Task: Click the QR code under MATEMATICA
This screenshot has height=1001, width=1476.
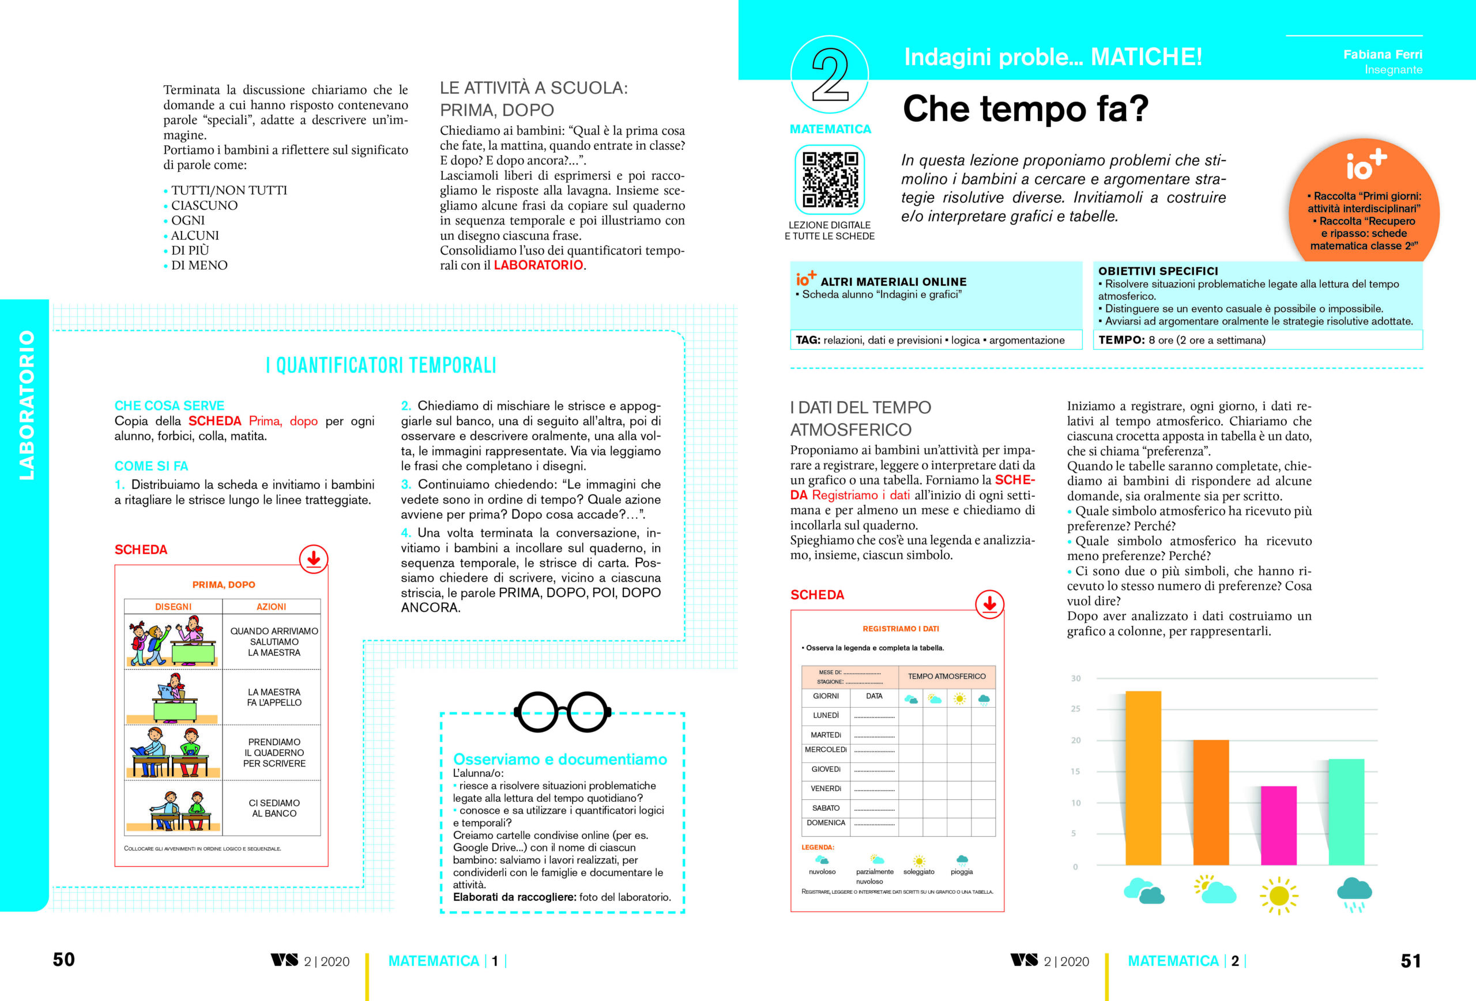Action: tap(830, 180)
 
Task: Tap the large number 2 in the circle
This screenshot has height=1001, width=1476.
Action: tap(830, 75)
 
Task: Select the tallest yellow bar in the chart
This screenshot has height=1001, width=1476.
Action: tap(1143, 777)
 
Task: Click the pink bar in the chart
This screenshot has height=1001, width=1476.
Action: tap(1278, 825)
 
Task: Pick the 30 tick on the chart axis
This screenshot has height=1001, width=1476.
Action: tap(1075, 678)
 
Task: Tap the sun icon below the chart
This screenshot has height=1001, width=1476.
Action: tap(1278, 895)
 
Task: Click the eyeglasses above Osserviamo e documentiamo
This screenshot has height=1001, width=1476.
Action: tap(562, 712)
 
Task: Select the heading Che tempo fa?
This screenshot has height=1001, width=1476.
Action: tap(1025, 109)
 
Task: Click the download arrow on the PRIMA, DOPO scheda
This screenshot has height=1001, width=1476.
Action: tap(313, 558)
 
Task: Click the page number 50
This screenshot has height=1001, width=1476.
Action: tap(63, 959)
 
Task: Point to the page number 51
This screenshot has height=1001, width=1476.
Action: tap(1411, 961)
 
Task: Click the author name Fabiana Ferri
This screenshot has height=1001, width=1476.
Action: tap(1383, 55)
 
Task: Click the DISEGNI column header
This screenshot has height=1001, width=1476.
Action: tap(174, 607)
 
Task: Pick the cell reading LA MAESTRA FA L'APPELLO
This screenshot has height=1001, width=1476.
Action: tap(274, 697)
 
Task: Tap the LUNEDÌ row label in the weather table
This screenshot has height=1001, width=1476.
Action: tap(826, 715)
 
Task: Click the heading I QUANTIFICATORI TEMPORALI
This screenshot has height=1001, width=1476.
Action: tap(381, 365)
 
